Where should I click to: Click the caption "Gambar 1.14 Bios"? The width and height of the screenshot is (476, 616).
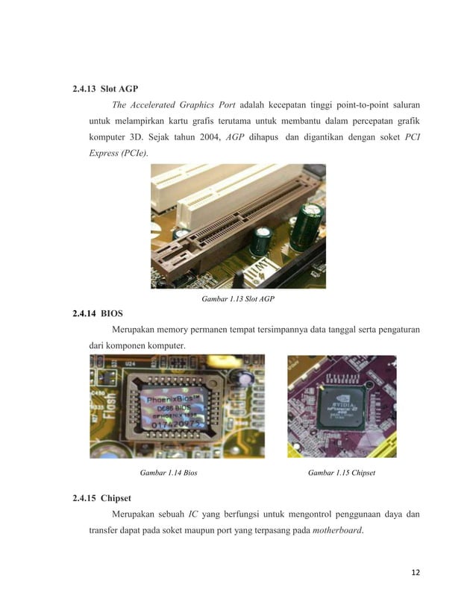pos(169,472)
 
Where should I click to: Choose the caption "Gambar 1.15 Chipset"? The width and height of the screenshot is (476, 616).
pos(341,472)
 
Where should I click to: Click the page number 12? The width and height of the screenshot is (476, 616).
pos(416,572)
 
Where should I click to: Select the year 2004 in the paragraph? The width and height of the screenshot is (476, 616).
pos(213,138)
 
